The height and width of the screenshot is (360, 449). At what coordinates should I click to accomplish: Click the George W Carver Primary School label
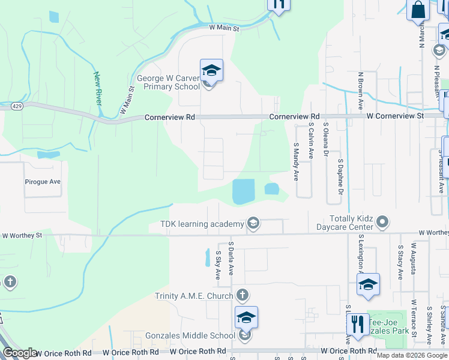pos(168,82)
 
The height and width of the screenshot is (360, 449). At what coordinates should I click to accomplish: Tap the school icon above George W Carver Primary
pos(211,71)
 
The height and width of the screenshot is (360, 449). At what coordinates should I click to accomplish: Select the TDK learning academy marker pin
pos(253,224)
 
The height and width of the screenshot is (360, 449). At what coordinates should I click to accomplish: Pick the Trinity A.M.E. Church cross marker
pos(242,295)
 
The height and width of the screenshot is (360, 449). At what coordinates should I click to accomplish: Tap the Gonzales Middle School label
pos(190,335)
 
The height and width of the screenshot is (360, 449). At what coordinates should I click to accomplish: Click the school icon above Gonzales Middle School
pos(246,318)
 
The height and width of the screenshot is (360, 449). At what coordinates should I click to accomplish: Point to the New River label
pos(97,88)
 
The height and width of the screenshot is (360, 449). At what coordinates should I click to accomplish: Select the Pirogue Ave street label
pos(43,181)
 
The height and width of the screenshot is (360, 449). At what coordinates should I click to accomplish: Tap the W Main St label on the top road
pos(224,28)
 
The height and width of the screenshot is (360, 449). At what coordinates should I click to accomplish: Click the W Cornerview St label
pos(395,115)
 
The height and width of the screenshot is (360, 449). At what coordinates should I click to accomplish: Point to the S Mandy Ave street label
pos(296,161)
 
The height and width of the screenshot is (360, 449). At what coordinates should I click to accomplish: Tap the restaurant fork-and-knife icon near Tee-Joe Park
pos(358,324)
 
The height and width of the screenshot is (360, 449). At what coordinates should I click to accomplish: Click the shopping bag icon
pos(418,10)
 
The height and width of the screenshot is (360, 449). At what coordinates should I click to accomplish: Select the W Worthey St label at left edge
pos(22,235)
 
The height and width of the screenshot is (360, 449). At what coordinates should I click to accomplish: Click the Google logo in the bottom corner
pos(20,353)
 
